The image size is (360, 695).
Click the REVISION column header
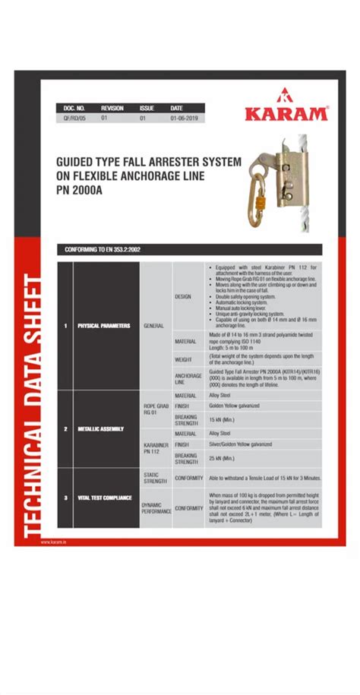pyautogui.click(x=112, y=108)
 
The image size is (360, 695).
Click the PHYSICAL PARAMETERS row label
pyautogui.click(x=104, y=326)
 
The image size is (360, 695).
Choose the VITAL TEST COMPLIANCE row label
pyautogui.click(x=104, y=498)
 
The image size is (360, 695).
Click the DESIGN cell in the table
pyautogui.click(x=184, y=296)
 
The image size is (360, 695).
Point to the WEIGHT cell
pyautogui.click(x=184, y=359)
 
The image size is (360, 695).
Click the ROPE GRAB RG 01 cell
pyautogui.click(x=154, y=410)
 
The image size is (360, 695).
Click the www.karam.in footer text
pyautogui.click(x=53, y=542)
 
